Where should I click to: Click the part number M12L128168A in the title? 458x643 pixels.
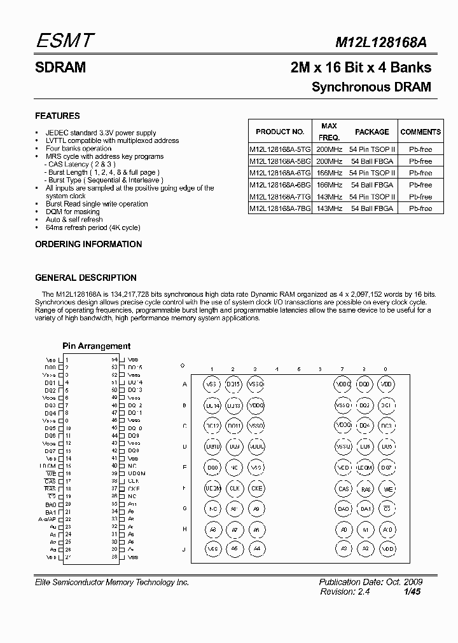pyautogui.click(x=381, y=43)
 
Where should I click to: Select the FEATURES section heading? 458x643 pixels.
pyautogui.click(x=57, y=116)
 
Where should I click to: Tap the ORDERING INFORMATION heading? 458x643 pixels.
pyautogui.click(x=88, y=244)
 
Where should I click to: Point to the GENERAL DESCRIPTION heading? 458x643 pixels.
pyautogui.click(x=85, y=278)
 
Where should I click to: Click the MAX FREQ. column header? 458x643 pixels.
pyautogui.click(x=329, y=132)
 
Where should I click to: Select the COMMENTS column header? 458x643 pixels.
pyautogui.click(x=420, y=132)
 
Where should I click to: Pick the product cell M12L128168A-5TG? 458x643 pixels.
pyautogui.click(x=280, y=149)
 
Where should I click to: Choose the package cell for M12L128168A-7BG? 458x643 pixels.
pyautogui.click(x=371, y=208)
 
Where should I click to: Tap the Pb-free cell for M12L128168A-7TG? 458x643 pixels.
pyautogui.click(x=420, y=197)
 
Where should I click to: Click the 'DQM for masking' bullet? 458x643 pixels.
pyautogui.click(x=73, y=212)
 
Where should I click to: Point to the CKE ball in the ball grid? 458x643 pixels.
pyautogui.click(x=255, y=489)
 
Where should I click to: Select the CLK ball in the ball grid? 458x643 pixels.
pyautogui.click(x=233, y=489)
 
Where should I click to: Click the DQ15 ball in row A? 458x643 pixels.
pyautogui.click(x=233, y=384)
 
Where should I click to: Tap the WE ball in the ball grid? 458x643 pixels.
pyautogui.click(x=385, y=489)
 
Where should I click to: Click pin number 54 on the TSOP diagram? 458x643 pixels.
pyautogui.click(x=115, y=360)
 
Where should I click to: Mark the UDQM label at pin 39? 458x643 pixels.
pyautogui.click(x=136, y=473)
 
